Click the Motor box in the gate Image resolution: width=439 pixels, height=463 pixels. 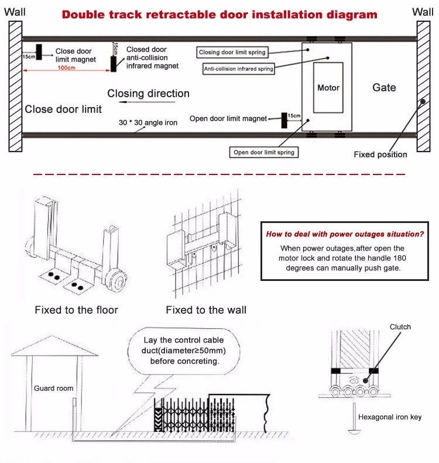328,88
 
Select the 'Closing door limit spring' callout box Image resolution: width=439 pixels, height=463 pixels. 232,53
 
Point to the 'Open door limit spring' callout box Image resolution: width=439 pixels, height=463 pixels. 264,152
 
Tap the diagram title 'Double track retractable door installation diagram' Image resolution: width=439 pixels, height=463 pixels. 220,14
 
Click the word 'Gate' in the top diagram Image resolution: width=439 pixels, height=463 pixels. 384,88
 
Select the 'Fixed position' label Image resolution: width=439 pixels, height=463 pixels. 380,155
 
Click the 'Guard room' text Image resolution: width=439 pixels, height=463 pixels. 53,388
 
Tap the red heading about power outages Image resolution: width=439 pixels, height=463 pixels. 345,234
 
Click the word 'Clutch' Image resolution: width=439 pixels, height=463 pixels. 400,327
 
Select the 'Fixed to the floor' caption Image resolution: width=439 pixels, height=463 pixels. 76,310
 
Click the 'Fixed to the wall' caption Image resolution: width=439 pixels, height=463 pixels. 206,310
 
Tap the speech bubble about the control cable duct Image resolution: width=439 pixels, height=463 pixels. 184,351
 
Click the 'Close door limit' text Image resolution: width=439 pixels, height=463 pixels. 63,109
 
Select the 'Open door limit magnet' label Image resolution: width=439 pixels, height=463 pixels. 228,119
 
